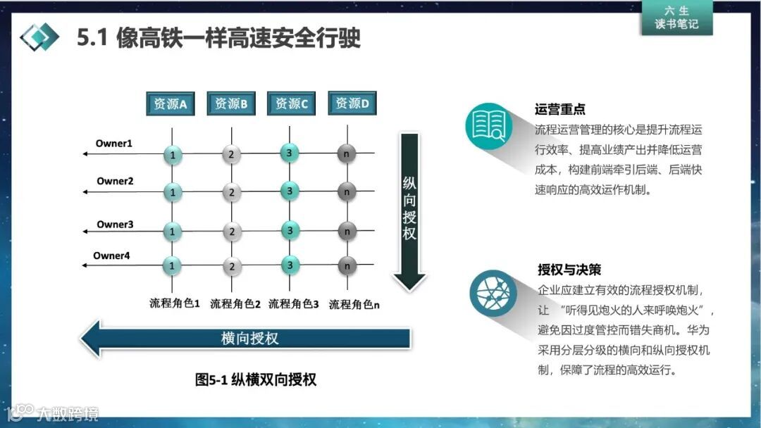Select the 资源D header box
(352, 103)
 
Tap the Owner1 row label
(114, 144)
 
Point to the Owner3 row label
(115, 225)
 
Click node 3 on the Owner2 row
(287, 189)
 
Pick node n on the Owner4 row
(346, 265)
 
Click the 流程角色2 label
(235, 304)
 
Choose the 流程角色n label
(354, 304)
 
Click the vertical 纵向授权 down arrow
(409, 211)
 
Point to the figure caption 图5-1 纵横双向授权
(256, 379)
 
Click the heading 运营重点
(560, 110)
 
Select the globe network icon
(493, 291)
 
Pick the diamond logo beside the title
(39, 37)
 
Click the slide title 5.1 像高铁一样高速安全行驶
(219, 37)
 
